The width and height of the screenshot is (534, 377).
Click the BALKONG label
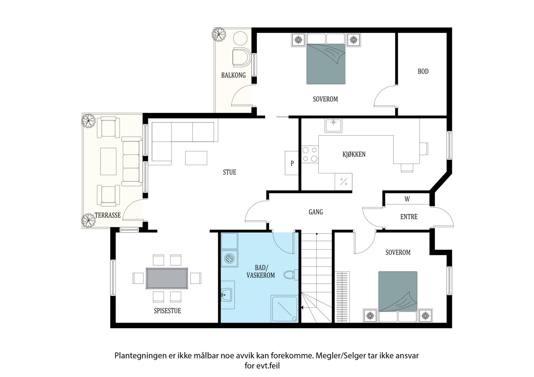(233, 75)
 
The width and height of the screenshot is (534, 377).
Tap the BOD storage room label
(423, 71)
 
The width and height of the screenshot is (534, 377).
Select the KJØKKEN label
(354, 154)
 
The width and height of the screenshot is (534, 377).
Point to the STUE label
(230, 172)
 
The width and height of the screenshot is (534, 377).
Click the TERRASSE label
(108, 215)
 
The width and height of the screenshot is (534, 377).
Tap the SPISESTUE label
(167, 311)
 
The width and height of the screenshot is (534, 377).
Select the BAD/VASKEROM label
(261, 271)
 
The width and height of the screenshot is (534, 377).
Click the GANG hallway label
(316, 212)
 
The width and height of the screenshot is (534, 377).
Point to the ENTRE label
(409, 217)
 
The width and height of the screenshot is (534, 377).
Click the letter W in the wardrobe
(407, 199)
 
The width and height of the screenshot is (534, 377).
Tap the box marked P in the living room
(292, 163)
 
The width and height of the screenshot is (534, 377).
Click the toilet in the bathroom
(291, 275)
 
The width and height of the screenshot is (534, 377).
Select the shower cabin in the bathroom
(284, 309)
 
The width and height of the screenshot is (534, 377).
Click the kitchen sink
(333, 125)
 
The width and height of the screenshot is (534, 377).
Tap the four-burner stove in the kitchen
(310, 154)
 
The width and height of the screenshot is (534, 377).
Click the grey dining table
(167, 278)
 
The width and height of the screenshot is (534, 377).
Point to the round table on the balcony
(240, 38)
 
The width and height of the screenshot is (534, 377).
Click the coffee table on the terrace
(108, 161)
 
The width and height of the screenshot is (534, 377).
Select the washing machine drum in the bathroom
(230, 259)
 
